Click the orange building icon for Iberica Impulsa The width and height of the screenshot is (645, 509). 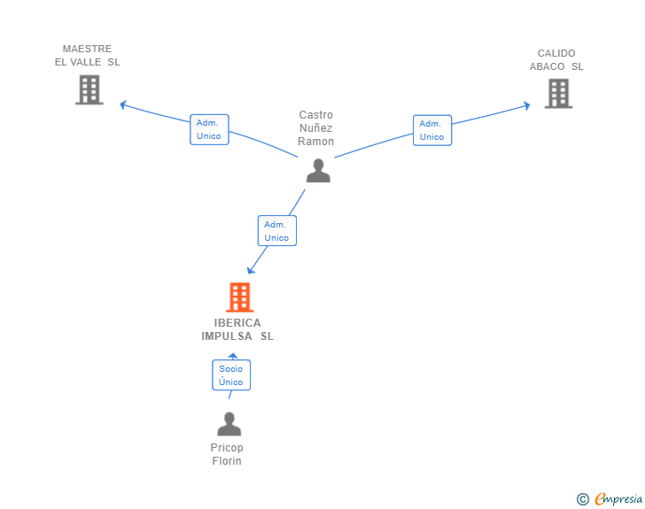coord(239,297)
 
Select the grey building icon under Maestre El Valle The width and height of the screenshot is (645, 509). coord(89,89)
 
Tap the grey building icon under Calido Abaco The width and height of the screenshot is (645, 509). coord(558,94)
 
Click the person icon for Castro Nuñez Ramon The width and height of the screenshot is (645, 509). coord(318,171)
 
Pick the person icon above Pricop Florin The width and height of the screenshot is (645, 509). coord(229,424)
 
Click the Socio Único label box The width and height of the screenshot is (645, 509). coord(231,375)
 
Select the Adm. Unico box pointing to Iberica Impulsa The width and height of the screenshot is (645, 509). coord(277,231)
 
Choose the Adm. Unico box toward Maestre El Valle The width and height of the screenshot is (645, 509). coord(209,129)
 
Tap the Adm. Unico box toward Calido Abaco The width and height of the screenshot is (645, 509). coord(432,130)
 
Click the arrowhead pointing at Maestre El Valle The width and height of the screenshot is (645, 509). coord(122,104)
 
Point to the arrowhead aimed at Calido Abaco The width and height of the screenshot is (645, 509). coord(526,105)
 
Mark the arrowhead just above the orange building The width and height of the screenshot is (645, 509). coord(251,270)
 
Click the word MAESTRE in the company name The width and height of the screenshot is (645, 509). coord(87,49)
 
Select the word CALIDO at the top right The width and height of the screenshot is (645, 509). coord(556,53)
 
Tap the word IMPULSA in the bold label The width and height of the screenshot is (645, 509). coord(227,336)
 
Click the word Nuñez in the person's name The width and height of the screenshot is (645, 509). coord(316,127)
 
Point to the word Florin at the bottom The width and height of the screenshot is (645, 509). coord(227,461)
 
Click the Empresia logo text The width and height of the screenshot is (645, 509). coord(618,498)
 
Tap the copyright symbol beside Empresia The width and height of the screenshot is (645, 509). coord(582,499)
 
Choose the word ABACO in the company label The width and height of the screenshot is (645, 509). coord(547,66)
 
